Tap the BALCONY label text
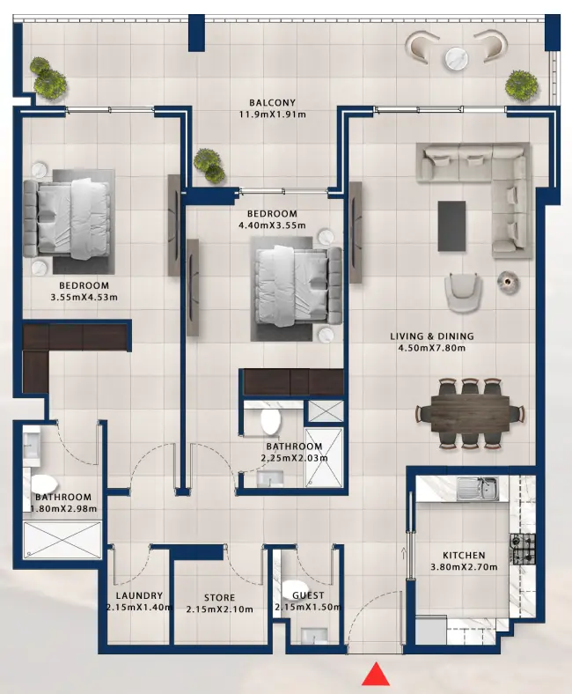tap(271, 102)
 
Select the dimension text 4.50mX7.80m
tap(431, 348)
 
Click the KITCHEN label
tap(464, 556)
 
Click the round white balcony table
tap(458, 58)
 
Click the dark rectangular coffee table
tap(452, 225)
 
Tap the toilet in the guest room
tap(296, 589)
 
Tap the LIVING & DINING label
tap(432, 336)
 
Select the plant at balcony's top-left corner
tap(47, 77)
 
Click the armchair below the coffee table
tap(464, 292)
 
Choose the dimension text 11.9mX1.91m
tap(271, 114)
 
